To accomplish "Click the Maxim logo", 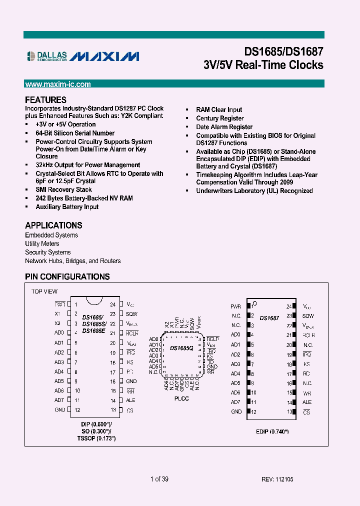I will pyautogui.click(x=104, y=56).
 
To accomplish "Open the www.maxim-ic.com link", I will pyautogui.click(x=58, y=84).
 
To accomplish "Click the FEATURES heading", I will pyautogui.click(x=45, y=99).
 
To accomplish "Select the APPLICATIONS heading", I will pyautogui.click(x=53, y=225).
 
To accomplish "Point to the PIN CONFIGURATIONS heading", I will pyautogui.click(x=67, y=276).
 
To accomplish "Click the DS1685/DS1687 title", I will pyautogui.click(x=283, y=51).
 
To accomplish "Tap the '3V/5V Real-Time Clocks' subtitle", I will pyautogui.click(x=263, y=65).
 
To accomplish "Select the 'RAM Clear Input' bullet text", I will pyautogui.click(x=219, y=109).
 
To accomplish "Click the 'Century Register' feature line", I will pyautogui.click(x=220, y=118).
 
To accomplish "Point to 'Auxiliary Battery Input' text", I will pyautogui.click(x=67, y=206).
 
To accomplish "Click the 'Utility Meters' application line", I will pyautogui.click(x=42, y=243).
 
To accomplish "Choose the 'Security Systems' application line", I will pyautogui.click(x=47, y=252).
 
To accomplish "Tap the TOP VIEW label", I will pyautogui.click(x=44, y=291).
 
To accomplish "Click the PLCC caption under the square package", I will pyautogui.click(x=181, y=398).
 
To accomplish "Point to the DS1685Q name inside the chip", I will pyautogui.click(x=181, y=348).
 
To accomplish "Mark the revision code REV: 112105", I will pyautogui.click(x=277, y=479).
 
